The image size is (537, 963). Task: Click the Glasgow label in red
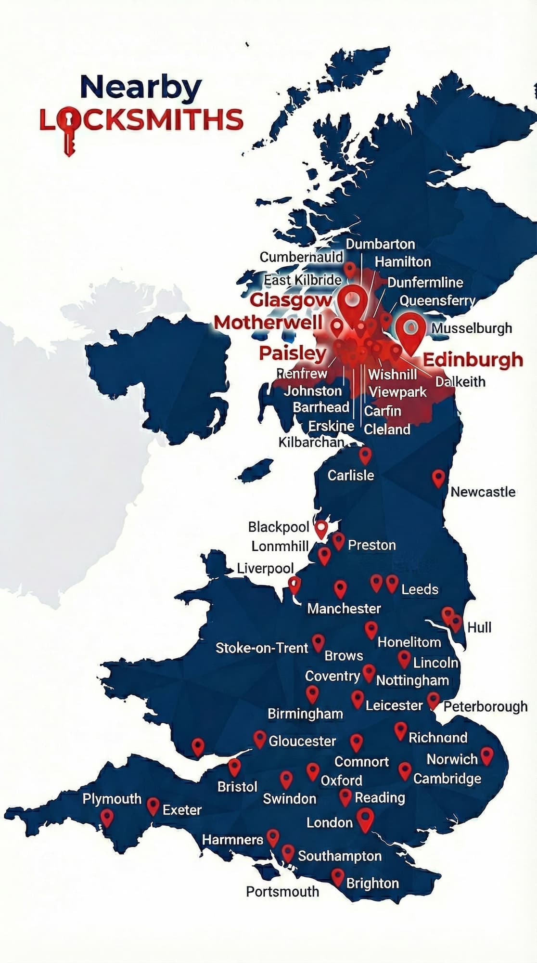click(x=291, y=299)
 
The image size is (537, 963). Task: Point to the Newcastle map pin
click(x=438, y=477)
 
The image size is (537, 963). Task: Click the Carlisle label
click(x=350, y=475)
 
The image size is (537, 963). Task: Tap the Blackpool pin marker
click(x=321, y=528)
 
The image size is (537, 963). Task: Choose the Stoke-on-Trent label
click(x=261, y=648)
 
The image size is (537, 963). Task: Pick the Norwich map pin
click(x=486, y=755)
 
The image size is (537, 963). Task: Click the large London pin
click(x=365, y=819)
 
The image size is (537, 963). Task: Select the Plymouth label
click(x=112, y=798)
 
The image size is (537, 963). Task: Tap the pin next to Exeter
click(x=153, y=806)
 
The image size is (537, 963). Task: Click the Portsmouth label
click(x=282, y=891)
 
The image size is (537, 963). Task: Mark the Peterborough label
click(x=485, y=706)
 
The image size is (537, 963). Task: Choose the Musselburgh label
click(x=471, y=328)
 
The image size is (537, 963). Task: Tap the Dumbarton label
click(x=380, y=244)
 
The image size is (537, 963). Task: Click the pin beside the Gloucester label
click(x=260, y=739)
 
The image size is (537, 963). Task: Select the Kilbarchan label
click(x=311, y=442)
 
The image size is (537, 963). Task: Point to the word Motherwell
click(x=268, y=322)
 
